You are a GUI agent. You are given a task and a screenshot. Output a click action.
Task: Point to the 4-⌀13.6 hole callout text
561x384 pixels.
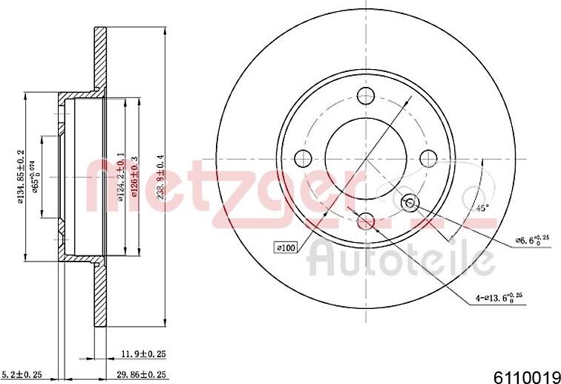(x=500, y=298)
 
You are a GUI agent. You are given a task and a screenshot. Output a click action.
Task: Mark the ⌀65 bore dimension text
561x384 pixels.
(x=35, y=177)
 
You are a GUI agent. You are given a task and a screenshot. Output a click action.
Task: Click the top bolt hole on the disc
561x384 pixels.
(x=365, y=95)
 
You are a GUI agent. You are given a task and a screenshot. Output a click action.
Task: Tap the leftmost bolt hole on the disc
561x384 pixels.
(x=303, y=158)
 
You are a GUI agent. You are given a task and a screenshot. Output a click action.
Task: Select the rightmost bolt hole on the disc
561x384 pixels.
(x=428, y=157)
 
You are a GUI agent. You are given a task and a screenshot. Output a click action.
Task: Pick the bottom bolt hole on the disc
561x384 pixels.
(x=365, y=220)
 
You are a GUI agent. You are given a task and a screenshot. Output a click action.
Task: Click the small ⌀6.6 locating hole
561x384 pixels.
(x=409, y=203)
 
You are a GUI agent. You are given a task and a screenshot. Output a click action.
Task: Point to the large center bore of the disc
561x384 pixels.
(x=365, y=157)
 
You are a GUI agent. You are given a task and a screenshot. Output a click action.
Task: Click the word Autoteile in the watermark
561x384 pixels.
(x=401, y=259)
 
